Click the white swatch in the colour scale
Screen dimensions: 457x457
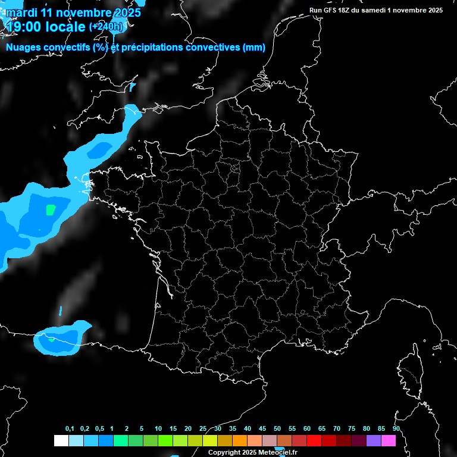(x=61, y=440)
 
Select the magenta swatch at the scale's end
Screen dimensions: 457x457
(x=389, y=440)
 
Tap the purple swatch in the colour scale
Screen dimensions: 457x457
(x=374, y=440)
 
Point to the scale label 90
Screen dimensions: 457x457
(x=396, y=429)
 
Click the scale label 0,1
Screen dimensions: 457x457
(x=70, y=429)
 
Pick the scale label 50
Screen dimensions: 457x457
(x=277, y=429)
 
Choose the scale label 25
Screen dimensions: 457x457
(x=203, y=429)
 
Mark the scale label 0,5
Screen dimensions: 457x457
(x=99, y=429)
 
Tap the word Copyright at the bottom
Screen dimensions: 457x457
(x=224, y=452)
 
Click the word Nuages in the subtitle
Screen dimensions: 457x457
(x=23, y=48)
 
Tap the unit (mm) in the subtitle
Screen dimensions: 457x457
(x=254, y=48)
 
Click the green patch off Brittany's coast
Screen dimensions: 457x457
(x=51, y=209)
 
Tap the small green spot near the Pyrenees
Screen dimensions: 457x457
(x=52, y=340)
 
